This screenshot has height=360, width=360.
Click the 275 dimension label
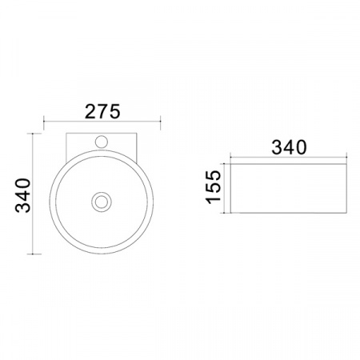(x=102, y=111)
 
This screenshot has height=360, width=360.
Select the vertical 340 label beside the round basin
(x=23, y=195)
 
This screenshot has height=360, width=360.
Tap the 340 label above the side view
(x=289, y=147)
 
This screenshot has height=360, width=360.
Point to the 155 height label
(x=214, y=187)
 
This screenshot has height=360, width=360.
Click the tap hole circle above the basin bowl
(x=102, y=142)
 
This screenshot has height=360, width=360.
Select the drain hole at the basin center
(x=102, y=202)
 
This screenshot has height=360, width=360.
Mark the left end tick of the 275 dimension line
(x=44, y=122)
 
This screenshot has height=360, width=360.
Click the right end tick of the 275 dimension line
(x=160, y=122)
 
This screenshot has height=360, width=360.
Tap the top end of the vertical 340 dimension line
(x=33, y=134)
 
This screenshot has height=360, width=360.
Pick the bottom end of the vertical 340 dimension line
(x=33, y=254)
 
